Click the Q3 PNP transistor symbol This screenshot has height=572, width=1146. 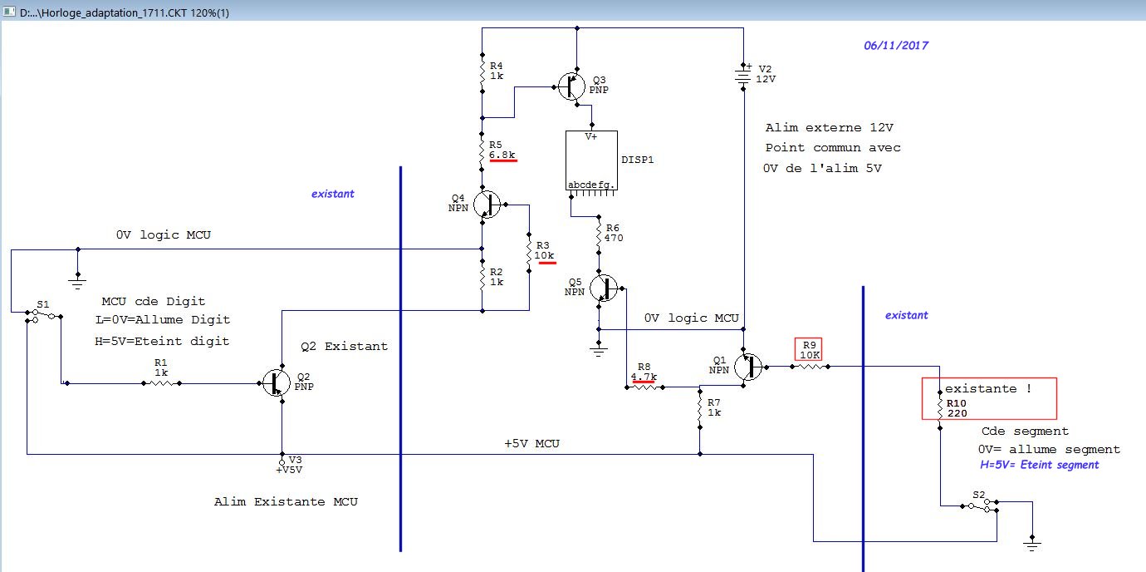[x=571, y=86]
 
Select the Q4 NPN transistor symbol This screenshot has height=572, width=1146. [x=487, y=205]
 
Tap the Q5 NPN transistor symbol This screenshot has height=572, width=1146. [x=604, y=288]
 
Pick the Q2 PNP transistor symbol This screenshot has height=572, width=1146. [x=277, y=382]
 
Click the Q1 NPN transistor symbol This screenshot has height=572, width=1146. [x=748, y=367]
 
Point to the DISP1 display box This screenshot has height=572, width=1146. [x=591, y=160]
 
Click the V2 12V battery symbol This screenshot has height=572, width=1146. [x=743, y=76]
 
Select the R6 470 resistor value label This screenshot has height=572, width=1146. [x=614, y=238]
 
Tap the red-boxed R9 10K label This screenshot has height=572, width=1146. [x=809, y=350]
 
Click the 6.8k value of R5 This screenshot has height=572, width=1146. [x=502, y=155]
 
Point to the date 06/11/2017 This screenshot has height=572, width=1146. [x=896, y=46]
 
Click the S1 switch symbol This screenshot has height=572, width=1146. [x=43, y=315]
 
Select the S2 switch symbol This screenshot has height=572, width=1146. [x=980, y=505]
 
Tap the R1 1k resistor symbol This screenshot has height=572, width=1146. [x=161, y=383]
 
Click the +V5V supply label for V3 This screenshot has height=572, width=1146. [x=289, y=470]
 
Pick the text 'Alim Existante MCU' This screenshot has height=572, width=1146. [x=286, y=502]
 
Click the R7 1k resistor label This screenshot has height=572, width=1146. [x=714, y=407]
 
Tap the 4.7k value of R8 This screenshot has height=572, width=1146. [x=644, y=377]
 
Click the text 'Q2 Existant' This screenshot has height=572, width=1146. [x=344, y=347]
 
